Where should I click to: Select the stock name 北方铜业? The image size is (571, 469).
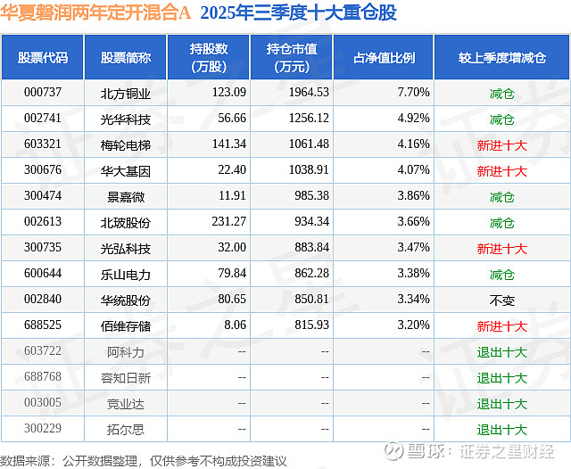pos(126,92)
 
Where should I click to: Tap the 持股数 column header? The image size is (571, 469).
pos(209,58)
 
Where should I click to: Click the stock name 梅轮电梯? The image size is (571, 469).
pos(126,144)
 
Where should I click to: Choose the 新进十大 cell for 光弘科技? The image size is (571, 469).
pos(501,249)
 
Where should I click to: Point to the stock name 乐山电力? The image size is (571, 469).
pos(126,275)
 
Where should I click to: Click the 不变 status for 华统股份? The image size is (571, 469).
pos(501,300)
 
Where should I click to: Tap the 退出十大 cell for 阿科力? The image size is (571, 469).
pos(501,352)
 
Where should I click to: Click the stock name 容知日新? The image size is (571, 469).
pos(126,378)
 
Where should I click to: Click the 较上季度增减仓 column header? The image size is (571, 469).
pos(501,58)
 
